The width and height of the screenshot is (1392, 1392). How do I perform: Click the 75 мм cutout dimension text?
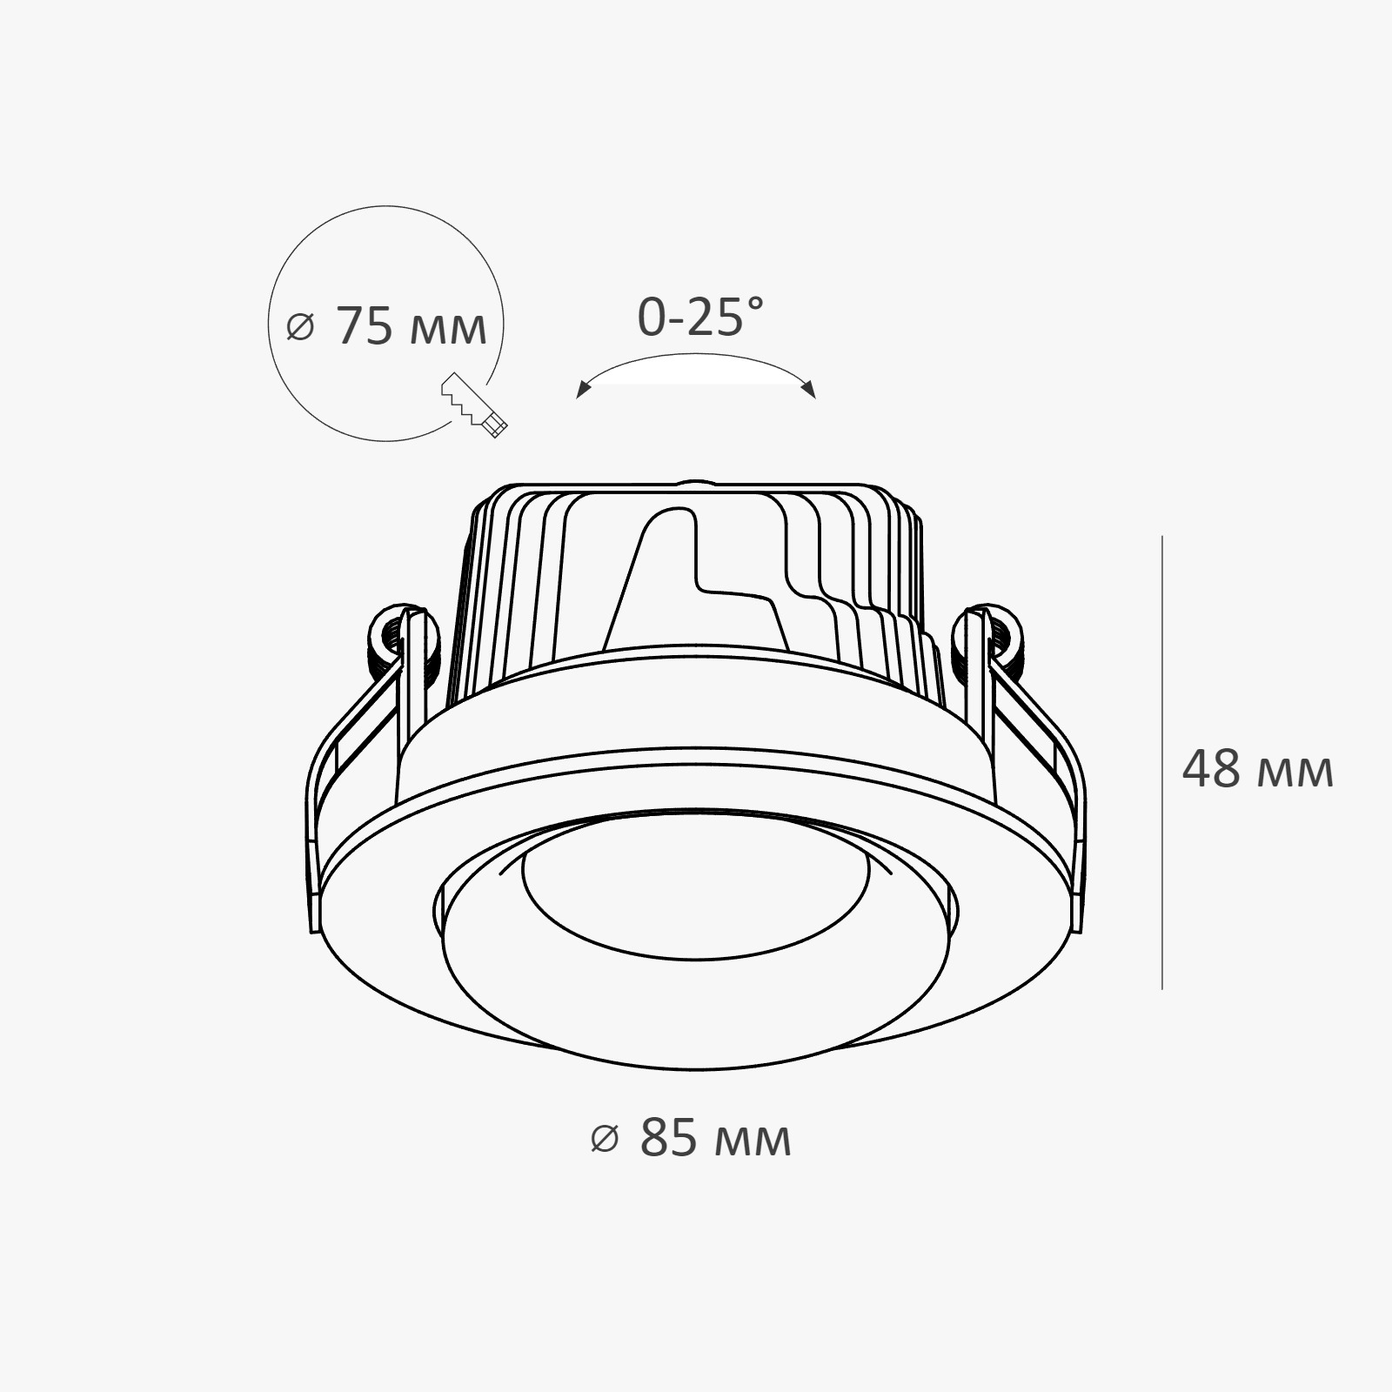(411, 327)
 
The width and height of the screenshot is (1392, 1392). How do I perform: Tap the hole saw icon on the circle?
(474, 405)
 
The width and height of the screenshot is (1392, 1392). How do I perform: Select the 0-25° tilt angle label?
(700, 317)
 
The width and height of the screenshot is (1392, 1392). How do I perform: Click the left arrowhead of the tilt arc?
(583, 390)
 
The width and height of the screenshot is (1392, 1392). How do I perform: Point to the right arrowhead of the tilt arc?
(809, 389)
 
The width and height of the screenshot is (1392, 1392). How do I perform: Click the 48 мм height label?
(1257, 769)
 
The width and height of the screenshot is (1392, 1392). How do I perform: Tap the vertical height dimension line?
(1162, 763)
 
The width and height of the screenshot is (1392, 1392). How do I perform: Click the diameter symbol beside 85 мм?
(604, 1138)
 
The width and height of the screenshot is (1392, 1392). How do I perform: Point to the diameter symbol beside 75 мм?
(299, 328)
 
